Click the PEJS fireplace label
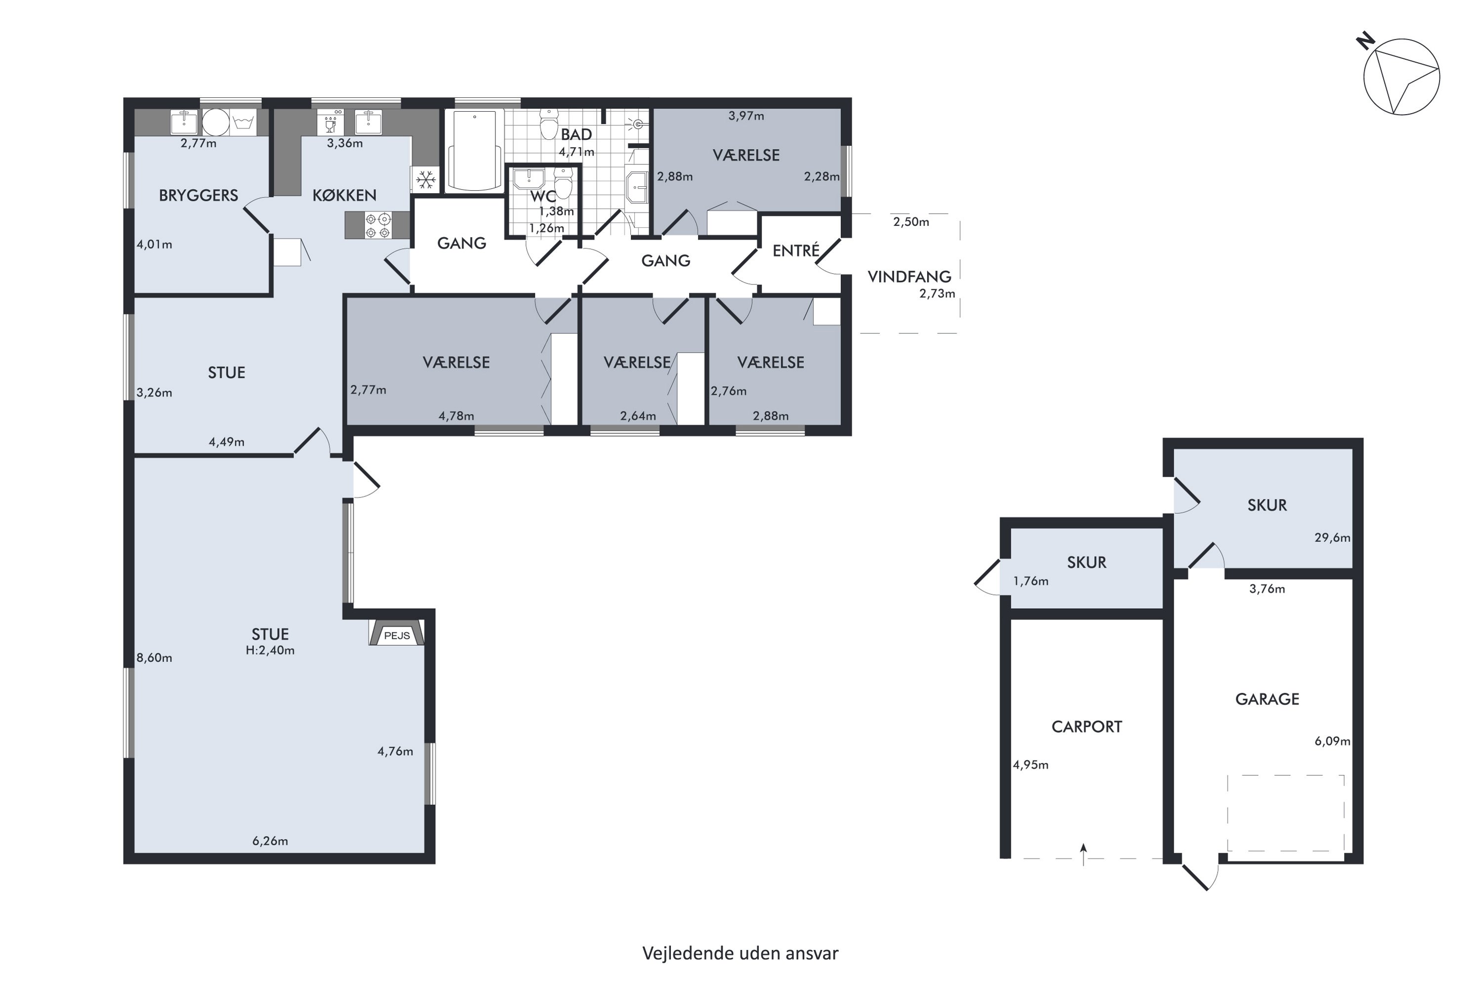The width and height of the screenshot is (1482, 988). [397, 635]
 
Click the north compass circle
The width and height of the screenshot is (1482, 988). [1401, 77]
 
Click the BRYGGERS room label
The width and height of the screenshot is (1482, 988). [199, 195]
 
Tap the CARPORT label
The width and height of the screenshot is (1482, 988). [1087, 727]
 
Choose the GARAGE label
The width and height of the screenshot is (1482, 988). [1267, 699]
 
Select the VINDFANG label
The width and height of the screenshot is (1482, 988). [909, 277]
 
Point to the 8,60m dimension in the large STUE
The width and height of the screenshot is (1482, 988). [154, 658]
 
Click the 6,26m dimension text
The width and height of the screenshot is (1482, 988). [270, 841]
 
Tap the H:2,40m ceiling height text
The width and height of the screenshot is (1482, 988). [270, 650]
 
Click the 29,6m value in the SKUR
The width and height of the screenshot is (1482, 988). [1332, 537]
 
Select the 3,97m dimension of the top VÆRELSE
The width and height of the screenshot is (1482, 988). [746, 116]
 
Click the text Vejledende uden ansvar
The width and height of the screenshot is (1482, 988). [741, 953]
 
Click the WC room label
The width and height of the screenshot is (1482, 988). [542, 196]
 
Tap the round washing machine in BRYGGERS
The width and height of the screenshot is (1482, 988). [215, 122]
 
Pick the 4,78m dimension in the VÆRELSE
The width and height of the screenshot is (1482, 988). [456, 416]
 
